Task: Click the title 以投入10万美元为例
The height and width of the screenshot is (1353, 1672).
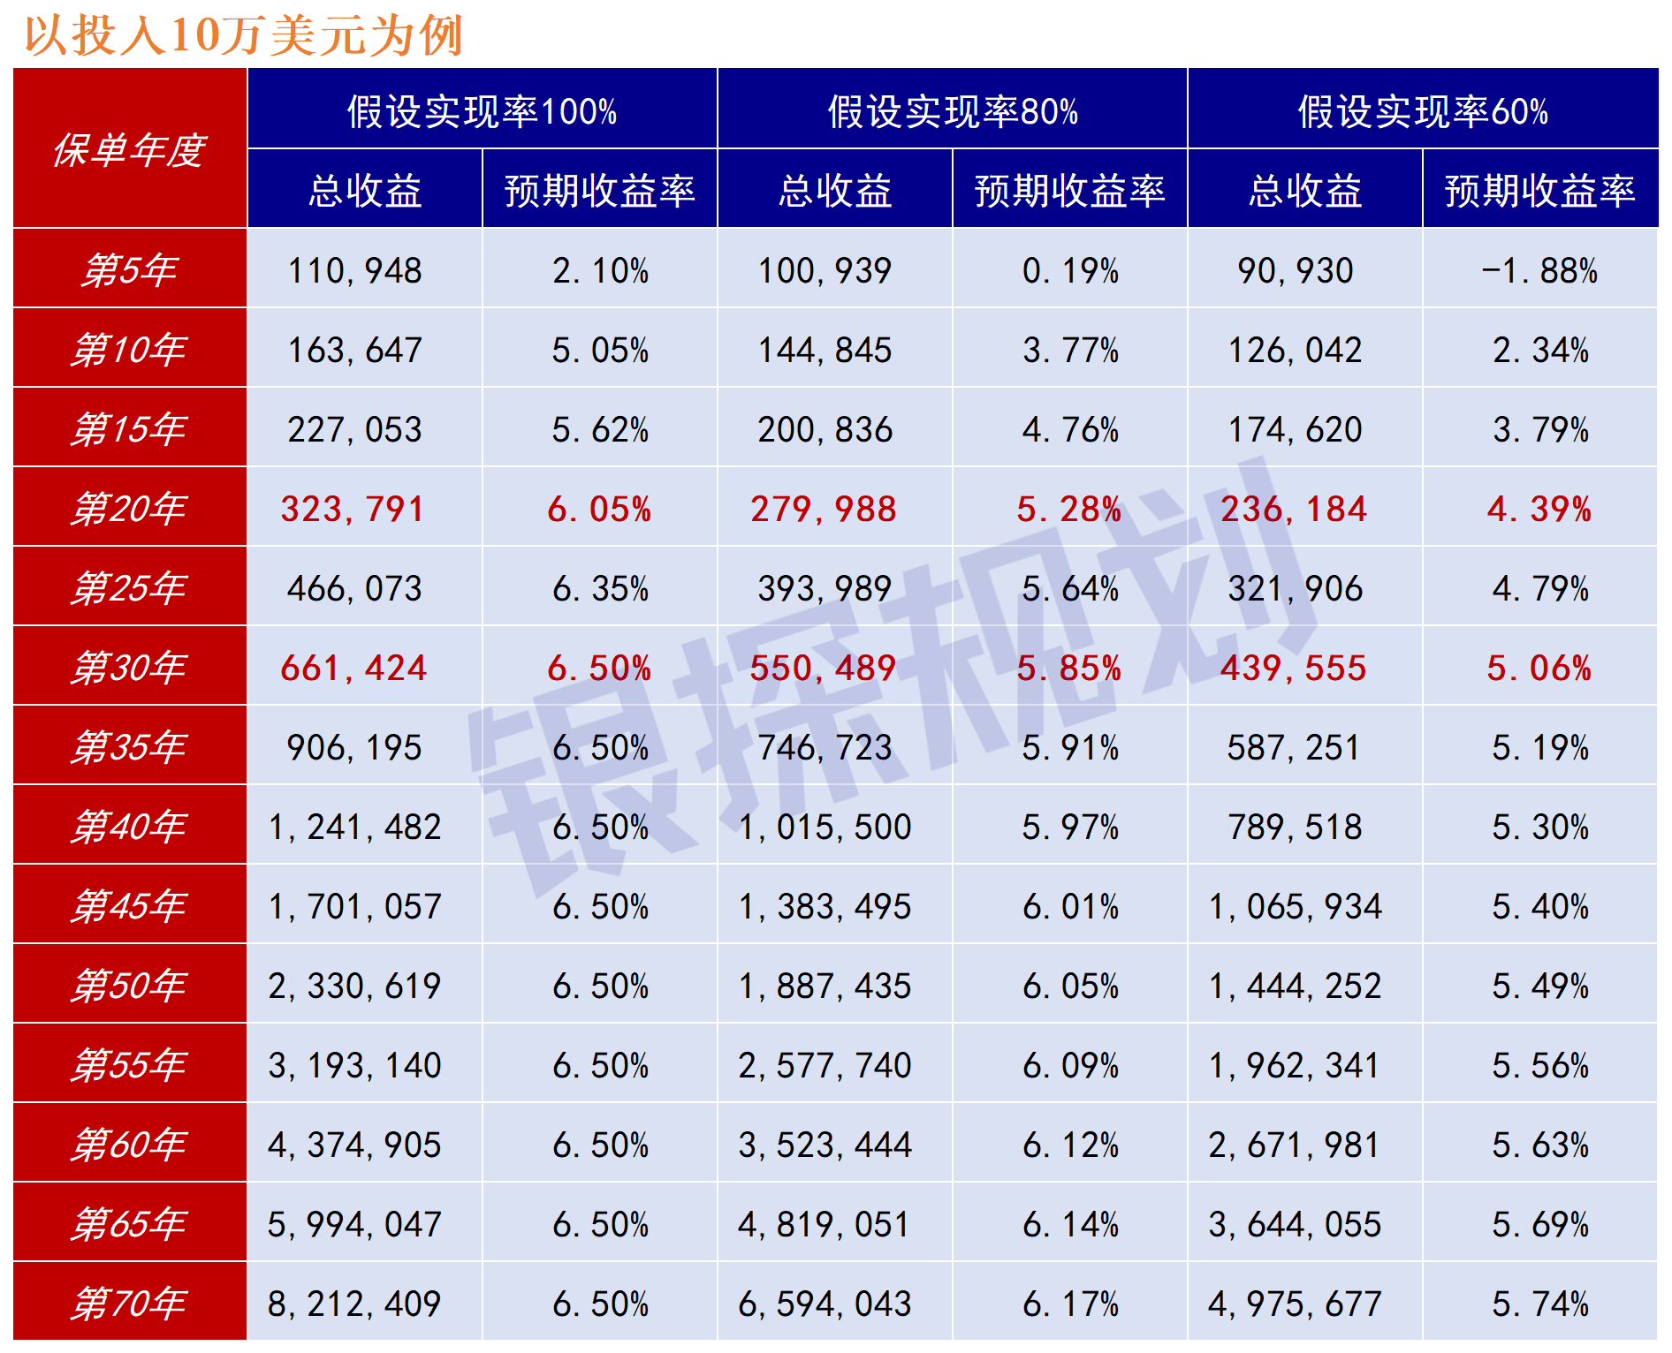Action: pos(243,35)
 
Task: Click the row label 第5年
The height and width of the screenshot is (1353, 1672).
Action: pos(129,270)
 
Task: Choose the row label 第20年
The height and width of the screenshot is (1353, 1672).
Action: pos(129,509)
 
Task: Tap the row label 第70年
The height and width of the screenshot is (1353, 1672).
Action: pos(129,1304)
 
